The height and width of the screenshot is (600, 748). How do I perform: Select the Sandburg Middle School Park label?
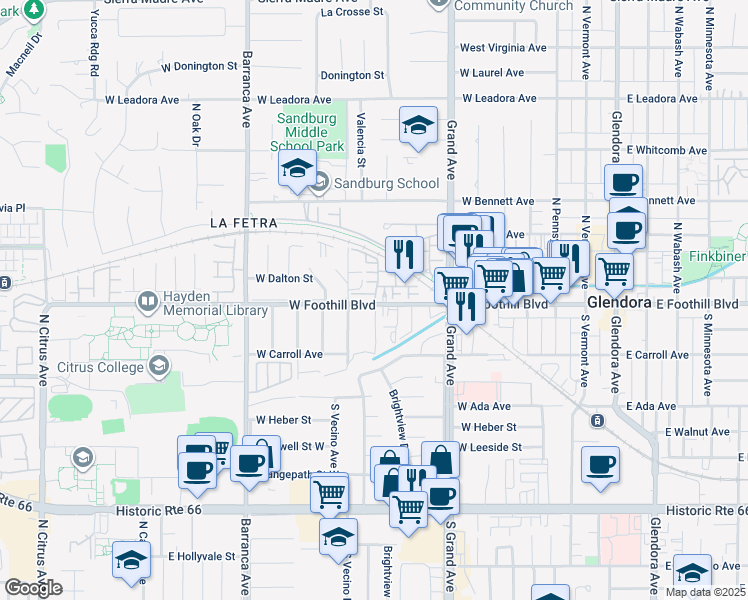click(x=309, y=132)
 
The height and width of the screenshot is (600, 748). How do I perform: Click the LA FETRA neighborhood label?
click(x=243, y=222)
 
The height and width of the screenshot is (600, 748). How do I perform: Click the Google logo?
click(x=33, y=588)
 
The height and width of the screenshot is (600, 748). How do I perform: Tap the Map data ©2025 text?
click(x=704, y=592)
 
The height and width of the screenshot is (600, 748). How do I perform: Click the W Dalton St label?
click(x=285, y=279)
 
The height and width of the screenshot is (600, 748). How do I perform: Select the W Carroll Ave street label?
click(x=289, y=354)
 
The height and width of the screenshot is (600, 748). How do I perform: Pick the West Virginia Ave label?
click(x=503, y=47)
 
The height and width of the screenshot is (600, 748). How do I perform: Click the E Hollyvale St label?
click(x=201, y=556)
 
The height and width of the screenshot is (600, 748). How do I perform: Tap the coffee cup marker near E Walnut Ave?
click(x=601, y=465)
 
